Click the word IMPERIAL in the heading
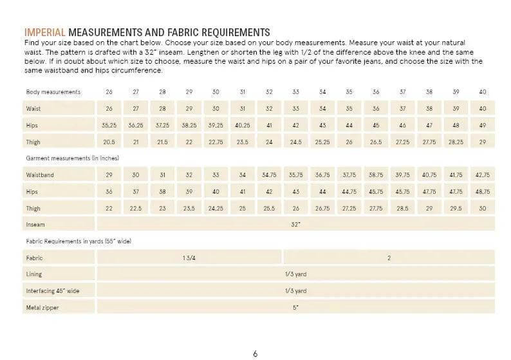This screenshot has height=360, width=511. pyautogui.click(x=45, y=33)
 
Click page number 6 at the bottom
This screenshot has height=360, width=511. pyautogui.click(x=255, y=334)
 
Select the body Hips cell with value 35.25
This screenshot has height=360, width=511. pyautogui.click(x=109, y=124)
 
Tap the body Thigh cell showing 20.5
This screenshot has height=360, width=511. pyautogui.click(x=109, y=141)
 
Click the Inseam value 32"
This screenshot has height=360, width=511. pyautogui.click(x=295, y=224)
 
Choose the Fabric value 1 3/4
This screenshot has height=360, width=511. pyautogui.click(x=189, y=258)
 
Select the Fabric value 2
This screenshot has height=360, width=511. pyautogui.click(x=389, y=258)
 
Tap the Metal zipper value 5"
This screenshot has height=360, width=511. pyautogui.click(x=295, y=307)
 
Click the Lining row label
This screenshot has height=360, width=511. pyautogui.click(x=34, y=274)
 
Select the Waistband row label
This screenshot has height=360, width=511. pyautogui.click(x=40, y=174)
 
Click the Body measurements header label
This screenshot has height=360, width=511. pyautogui.click(x=53, y=92)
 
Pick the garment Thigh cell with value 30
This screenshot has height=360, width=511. pyautogui.click(x=483, y=207)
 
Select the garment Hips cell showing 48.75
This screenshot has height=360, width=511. pyautogui.click(x=483, y=191)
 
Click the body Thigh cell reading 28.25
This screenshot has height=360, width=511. pyautogui.click(x=456, y=141)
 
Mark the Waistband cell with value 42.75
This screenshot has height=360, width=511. pyautogui.click(x=483, y=174)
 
